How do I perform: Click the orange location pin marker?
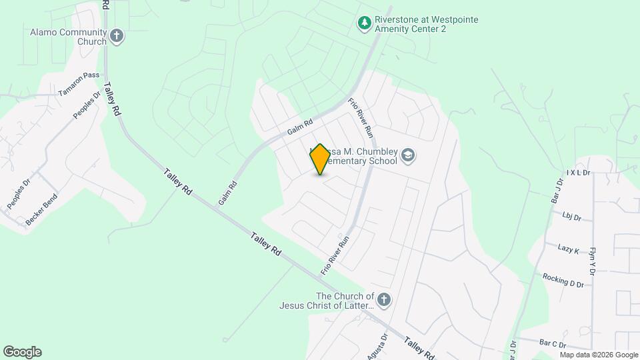[x=320, y=159]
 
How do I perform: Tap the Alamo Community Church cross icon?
[x=117, y=36]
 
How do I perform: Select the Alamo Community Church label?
[x=69, y=37]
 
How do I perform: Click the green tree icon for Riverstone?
[x=364, y=24]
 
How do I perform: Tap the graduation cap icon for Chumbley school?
[x=408, y=157]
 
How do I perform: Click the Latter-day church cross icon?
[x=383, y=300]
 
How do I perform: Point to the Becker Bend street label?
[x=41, y=208]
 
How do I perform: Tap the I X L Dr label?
[x=579, y=173]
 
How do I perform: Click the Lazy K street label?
[x=569, y=249]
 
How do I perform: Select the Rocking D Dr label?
[x=563, y=280]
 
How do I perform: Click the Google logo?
[x=22, y=352]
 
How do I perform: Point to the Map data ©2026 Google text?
[x=599, y=355]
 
